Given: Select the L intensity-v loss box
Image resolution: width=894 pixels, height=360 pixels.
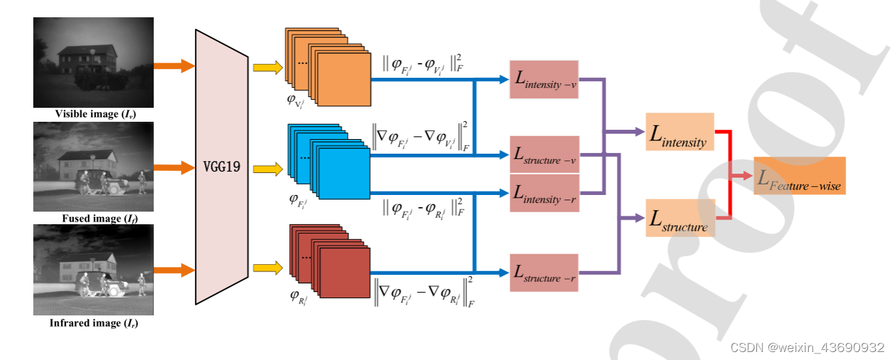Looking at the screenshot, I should [x=543, y=79].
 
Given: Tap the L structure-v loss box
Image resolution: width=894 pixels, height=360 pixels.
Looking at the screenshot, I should [x=543, y=154].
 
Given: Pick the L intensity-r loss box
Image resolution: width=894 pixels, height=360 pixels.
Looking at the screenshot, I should [x=543, y=193].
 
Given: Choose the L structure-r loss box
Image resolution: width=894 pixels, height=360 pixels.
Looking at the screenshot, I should [x=543, y=272].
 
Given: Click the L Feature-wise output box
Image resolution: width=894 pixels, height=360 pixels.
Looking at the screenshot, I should [x=799, y=176].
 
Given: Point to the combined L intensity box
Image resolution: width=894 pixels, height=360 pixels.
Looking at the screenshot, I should [x=679, y=131].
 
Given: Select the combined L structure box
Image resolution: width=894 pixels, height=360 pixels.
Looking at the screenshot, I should [x=680, y=218].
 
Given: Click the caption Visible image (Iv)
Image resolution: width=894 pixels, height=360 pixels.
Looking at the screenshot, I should [x=94, y=114].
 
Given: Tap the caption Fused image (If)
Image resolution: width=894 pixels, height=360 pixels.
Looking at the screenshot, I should [x=94, y=218].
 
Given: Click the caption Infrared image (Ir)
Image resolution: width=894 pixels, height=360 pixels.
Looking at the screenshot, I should [x=94, y=323].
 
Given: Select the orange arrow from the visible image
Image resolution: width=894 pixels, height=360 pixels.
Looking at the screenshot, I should [x=174, y=66].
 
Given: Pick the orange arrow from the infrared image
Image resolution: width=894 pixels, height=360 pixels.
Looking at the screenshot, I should [x=174, y=270].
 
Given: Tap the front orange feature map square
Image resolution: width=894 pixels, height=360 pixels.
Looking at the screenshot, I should [x=343, y=79].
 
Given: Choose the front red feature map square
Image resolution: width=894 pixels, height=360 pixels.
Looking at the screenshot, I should [x=343, y=271].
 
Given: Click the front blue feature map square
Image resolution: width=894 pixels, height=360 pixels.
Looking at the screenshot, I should [x=344, y=173].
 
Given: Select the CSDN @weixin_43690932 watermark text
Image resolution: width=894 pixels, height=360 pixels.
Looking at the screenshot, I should [x=807, y=347].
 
